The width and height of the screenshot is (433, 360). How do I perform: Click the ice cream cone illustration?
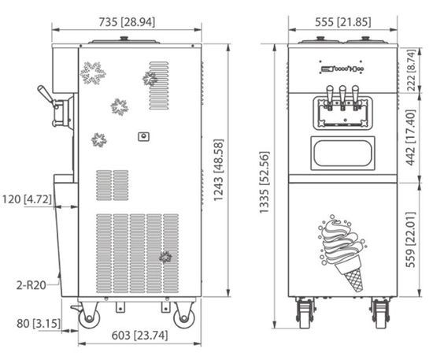coord(342,251)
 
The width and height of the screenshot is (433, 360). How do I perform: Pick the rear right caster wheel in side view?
coord(184,316)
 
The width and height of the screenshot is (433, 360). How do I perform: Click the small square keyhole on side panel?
coord(143,136)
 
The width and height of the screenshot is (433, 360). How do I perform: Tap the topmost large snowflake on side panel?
coord(92,74)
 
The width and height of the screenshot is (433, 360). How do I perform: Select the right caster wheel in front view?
coord(381,313)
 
